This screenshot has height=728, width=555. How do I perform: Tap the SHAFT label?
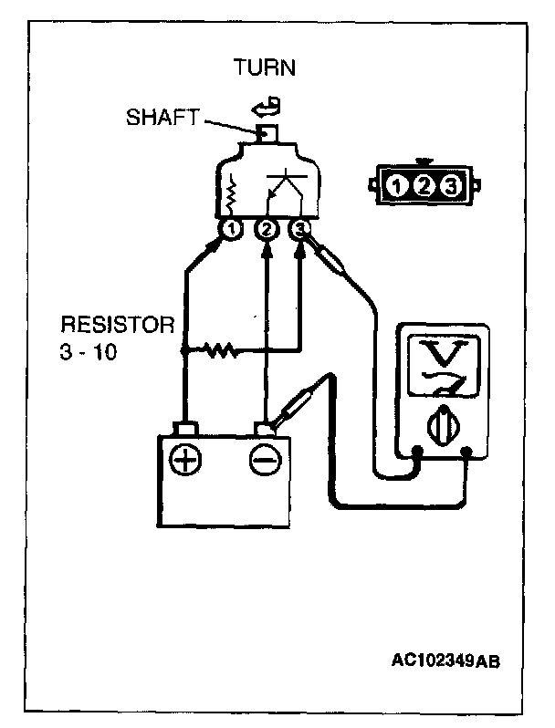click(160, 119)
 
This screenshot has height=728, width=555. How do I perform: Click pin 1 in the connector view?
click(397, 188)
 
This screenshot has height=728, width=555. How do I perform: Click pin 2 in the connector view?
click(423, 188)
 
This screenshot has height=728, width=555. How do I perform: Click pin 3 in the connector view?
click(449, 188)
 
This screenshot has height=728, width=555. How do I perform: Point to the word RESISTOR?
click(116, 325)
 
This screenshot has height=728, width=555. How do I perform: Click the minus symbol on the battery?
click(265, 461)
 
